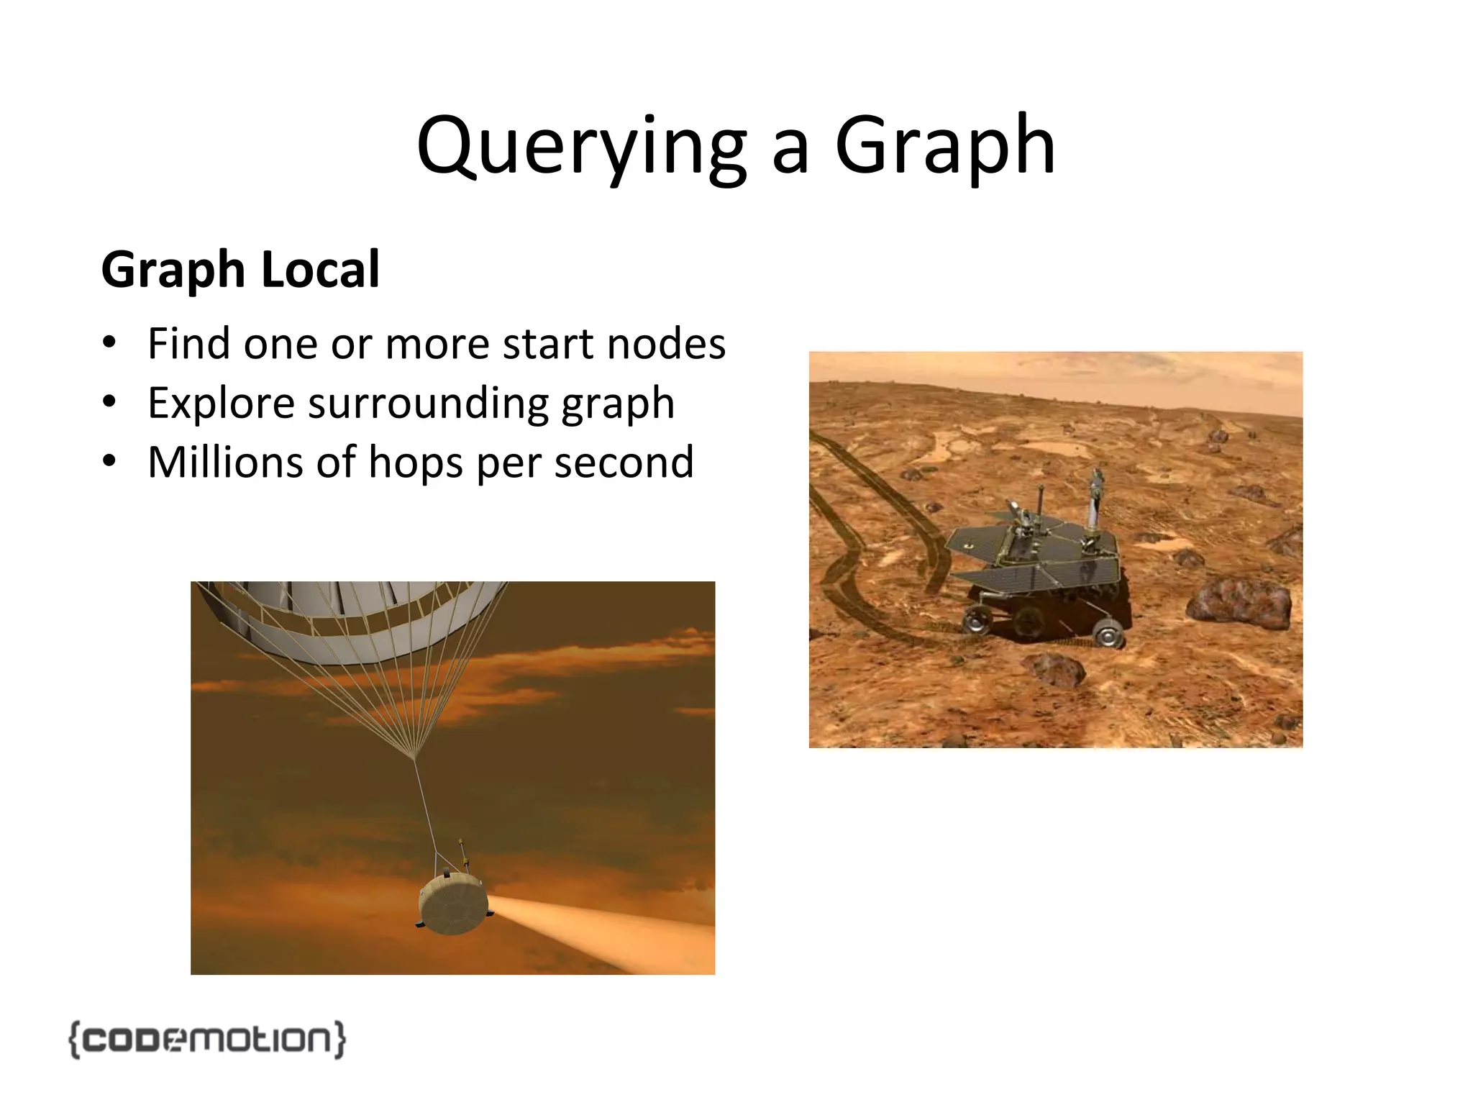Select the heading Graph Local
tap(240, 270)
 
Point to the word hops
tap(414, 462)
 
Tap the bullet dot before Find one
tap(109, 342)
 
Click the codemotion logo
tap(207, 1039)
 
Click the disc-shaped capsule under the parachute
tap(453, 904)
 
